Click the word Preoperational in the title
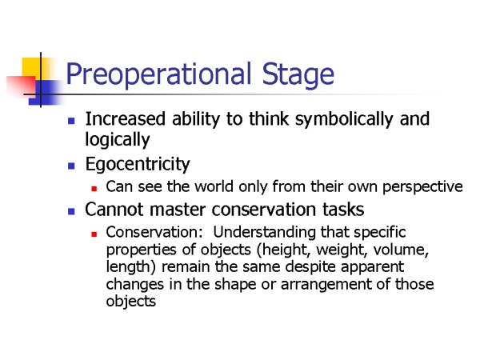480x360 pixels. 158,74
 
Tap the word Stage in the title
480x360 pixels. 298,74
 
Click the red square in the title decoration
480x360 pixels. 21,86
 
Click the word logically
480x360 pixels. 118,139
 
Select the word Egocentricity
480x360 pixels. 138,164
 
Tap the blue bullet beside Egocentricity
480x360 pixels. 71,166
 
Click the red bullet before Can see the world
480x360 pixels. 94,189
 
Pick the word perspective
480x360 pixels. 422,186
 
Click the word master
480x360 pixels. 178,210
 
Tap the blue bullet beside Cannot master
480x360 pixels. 71,211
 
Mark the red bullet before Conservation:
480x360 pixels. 94,234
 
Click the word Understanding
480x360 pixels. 264,232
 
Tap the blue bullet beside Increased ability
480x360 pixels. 71,121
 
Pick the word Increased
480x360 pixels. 126,118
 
